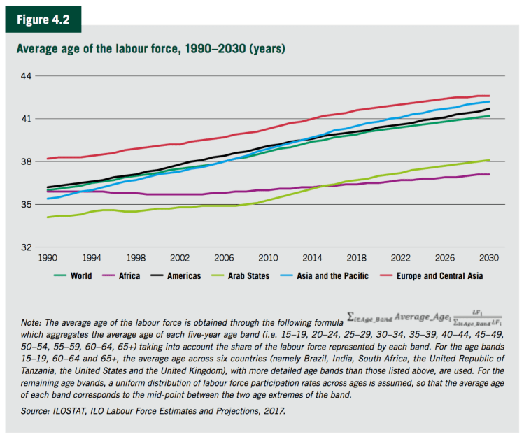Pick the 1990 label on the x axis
click(48, 258)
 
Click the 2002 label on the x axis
click(180, 258)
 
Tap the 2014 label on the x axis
click(312, 258)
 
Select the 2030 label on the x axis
click(489, 258)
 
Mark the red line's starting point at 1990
click(48, 159)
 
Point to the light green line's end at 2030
click(489, 160)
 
